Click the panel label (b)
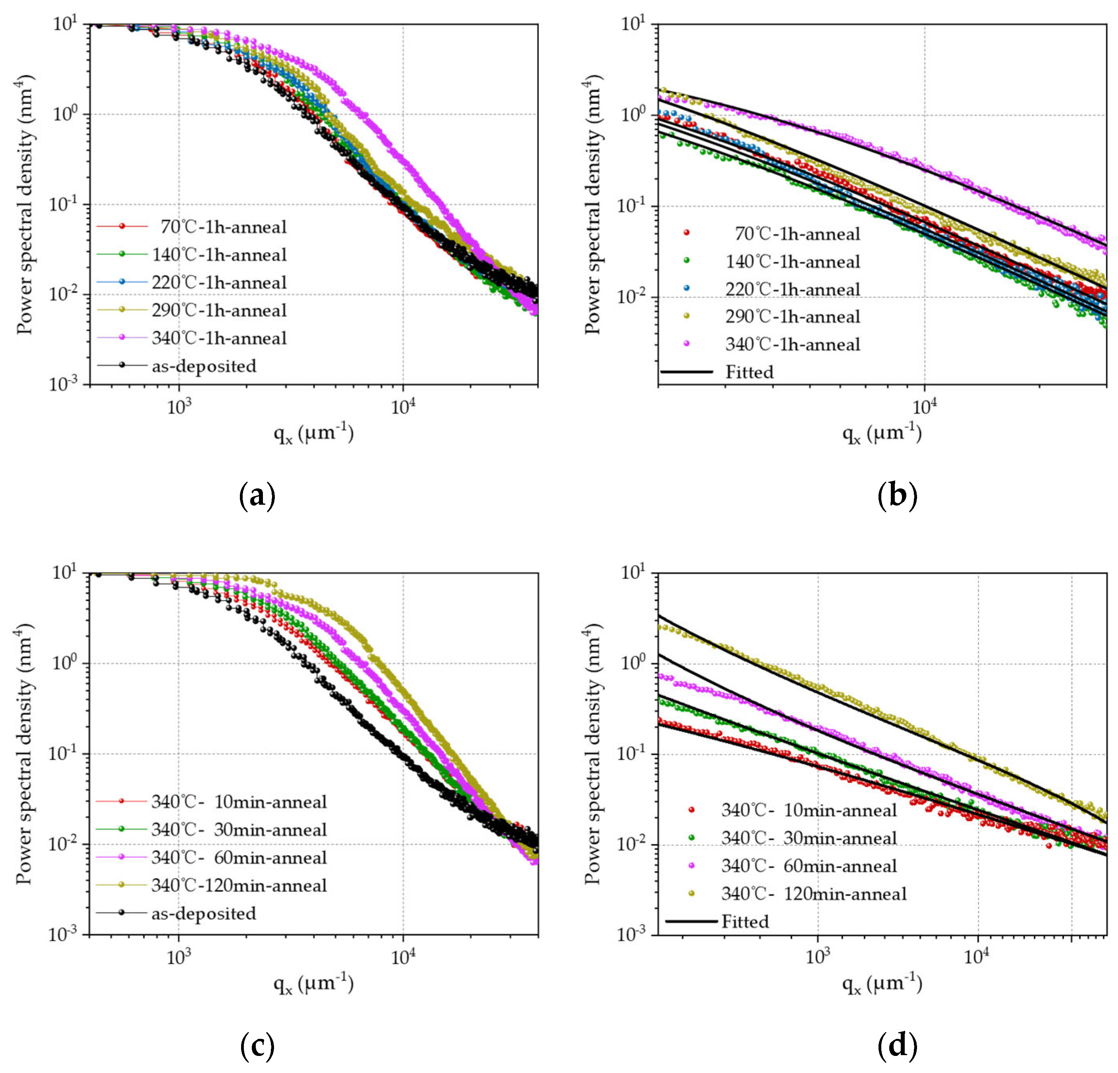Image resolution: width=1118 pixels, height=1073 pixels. point(897,495)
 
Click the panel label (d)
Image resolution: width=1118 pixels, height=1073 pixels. point(897,1045)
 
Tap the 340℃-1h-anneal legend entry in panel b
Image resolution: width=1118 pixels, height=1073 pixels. point(792,345)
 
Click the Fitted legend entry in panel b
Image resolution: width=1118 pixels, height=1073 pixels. point(749,372)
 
